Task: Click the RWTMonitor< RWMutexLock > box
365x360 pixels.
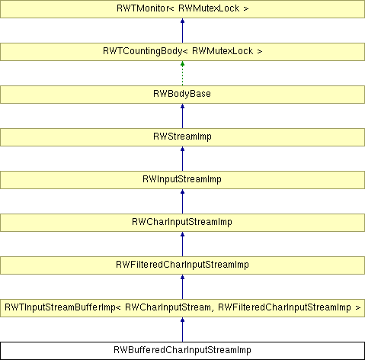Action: click(182, 9)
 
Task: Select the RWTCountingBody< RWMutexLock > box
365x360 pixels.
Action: click(182, 52)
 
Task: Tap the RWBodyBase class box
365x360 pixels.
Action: click(182, 95)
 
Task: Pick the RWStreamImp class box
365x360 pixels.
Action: click(182, 137)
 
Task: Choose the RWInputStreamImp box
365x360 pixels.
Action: click(182, 180)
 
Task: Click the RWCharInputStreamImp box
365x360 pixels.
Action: click(182, 223)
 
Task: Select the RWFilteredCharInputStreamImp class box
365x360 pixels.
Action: click(182, 265)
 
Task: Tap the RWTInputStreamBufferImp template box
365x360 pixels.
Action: click(182, 308)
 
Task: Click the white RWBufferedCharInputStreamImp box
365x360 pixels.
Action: click(182, 351)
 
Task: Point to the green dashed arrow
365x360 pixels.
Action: click(182, 73)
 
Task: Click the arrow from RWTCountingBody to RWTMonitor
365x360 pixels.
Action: click(182, 31)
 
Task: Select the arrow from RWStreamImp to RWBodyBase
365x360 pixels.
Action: click(182, 116)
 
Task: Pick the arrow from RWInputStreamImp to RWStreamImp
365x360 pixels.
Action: click(182, 159)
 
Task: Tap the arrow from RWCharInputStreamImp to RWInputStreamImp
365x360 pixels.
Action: click(182, 201)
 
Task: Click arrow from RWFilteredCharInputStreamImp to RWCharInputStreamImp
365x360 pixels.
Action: click(182, 244)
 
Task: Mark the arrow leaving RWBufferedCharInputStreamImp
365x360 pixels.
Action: click(182, 329)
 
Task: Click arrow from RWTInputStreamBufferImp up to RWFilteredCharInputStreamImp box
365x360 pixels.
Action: click(182, 287)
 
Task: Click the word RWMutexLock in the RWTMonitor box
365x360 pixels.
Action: click(209, 8)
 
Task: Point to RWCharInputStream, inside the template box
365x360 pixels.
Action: click(168, 307)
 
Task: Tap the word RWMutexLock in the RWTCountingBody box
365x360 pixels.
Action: click(223, 51)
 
